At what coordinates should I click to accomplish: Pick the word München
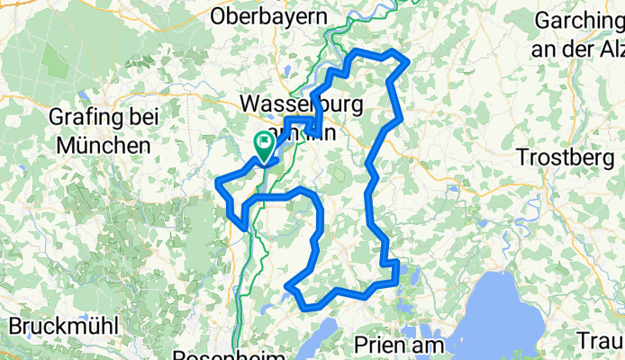point(102,144)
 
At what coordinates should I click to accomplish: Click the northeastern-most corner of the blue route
point(410,61)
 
